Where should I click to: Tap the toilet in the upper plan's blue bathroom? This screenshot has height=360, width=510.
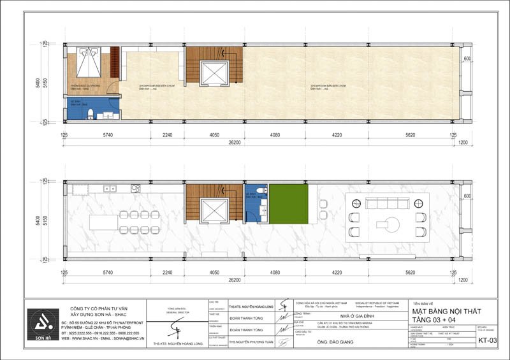pyautogui.click(x=91, y=114)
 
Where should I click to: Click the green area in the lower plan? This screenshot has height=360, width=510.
pyautogui.click(x=288, y=204)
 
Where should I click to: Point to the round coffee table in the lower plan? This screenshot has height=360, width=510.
pyautogui.click(x=386, y=223)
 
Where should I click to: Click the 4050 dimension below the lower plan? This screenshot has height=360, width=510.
pyautogui.click(x=214, y=272)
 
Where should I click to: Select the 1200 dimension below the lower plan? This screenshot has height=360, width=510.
pyautogui.click(x=463, y=280)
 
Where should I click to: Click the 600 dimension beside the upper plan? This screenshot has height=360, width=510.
pyautogui.click(x=467, y=59)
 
